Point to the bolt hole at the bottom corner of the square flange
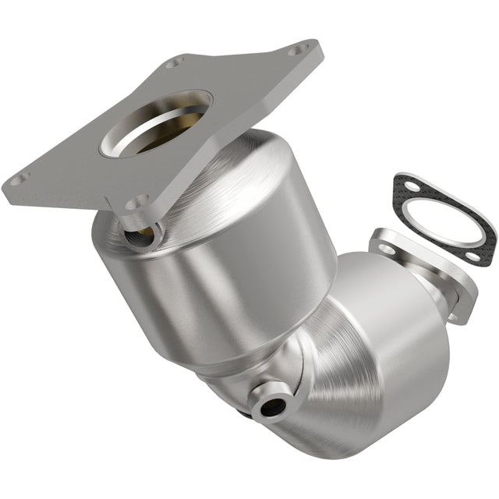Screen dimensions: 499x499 tap(137, 202)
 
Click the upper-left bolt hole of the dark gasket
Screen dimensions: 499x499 tap(403, 184)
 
